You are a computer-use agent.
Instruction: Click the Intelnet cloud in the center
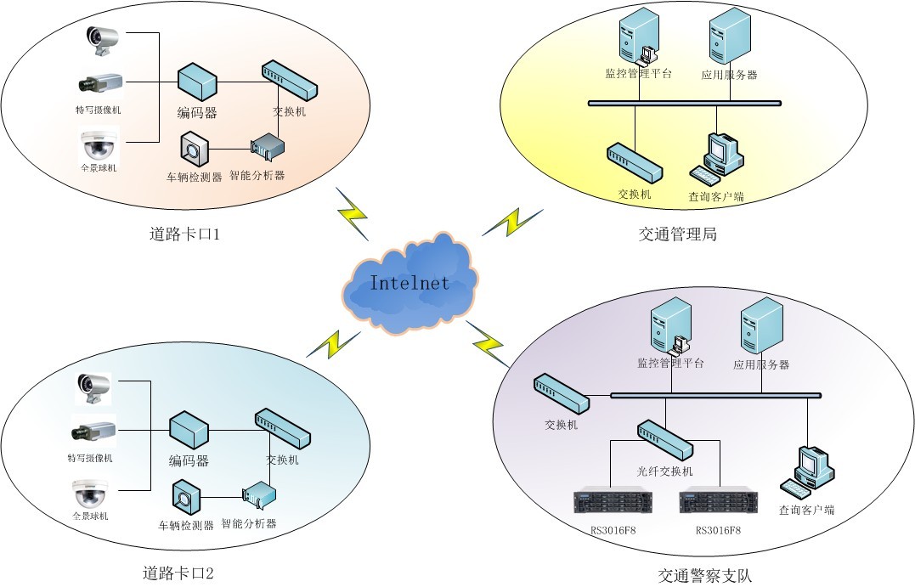pyautogui.click(x=409, y=283)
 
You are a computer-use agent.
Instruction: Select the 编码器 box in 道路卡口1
pyautogui.click(x=197, y=82)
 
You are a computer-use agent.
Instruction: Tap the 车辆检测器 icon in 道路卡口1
pyautogui.click(x=194, y=150)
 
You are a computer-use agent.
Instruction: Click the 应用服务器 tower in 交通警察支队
pyautogui.click(x=761, y=326)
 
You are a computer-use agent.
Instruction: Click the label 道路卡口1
pyautogui.click(x=184, y=234)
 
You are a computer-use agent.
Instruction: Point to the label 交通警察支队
pyautogui.click(x=704, y=575)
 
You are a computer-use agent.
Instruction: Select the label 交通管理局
pyautogui.click(x=677, y=234)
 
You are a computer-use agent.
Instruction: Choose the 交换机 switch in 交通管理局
pyautogui.click(x=634, y=162)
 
